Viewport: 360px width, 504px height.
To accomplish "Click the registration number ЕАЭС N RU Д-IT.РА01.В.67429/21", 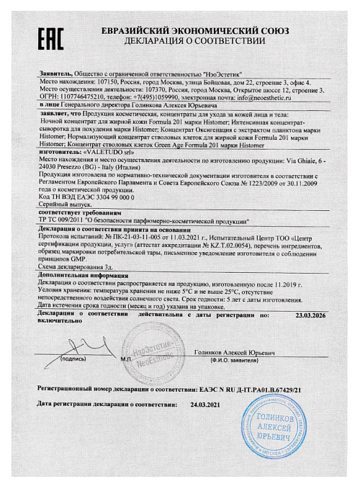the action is (x=251, y=389).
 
